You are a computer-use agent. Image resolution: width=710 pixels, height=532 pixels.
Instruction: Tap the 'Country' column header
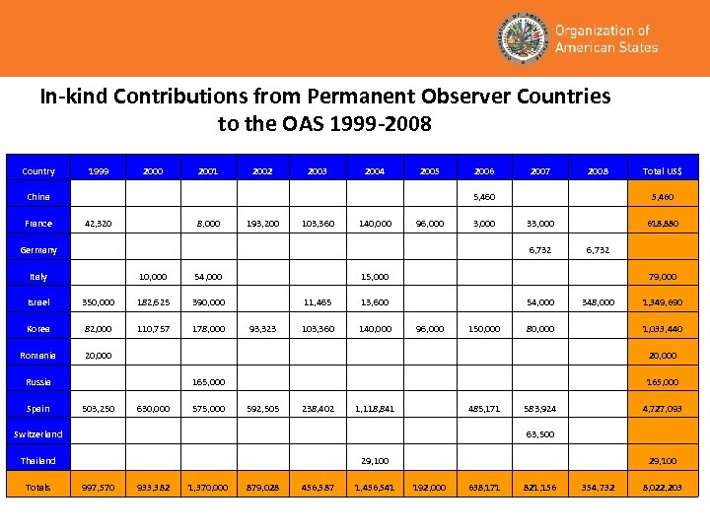click(38, 171)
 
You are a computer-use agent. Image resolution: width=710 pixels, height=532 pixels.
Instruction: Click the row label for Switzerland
click(38, 434)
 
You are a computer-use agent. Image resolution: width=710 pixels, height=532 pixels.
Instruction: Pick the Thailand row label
click(38, 461)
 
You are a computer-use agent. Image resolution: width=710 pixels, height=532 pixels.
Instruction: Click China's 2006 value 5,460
click(484, 198)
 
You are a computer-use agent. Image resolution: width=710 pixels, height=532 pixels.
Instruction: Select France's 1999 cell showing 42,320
click(98, 224)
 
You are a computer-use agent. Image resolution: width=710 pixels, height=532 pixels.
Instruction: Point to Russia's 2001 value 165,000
click(208, 382)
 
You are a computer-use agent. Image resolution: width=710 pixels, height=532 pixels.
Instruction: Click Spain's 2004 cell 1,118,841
click(375, 408)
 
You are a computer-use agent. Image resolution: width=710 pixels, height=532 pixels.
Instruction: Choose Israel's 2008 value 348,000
click(599, 302)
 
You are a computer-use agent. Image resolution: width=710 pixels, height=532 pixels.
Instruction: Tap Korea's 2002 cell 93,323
click(262, 329)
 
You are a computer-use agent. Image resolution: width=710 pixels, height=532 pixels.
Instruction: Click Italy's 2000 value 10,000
click(153, 277)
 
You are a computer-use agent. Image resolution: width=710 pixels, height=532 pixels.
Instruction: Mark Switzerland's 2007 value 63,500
click(540, 434)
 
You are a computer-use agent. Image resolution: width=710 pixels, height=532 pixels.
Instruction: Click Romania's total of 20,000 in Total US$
click(662, 356)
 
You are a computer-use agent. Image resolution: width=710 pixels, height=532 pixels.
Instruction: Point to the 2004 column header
click(375, 171)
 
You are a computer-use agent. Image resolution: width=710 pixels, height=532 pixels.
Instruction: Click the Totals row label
click(38, 488)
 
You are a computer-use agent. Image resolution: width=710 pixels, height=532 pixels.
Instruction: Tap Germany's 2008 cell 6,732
click(599, 250)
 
